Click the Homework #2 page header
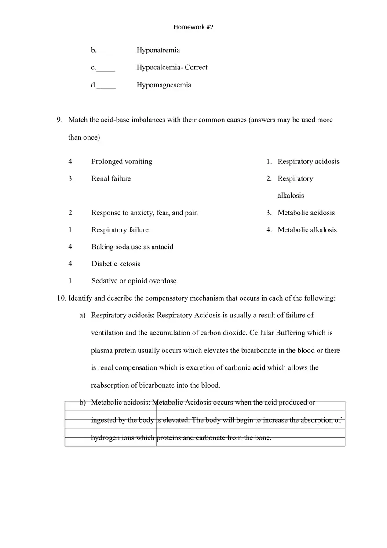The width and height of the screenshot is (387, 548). (x=193, y=27)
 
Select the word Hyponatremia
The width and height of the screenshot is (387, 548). (x=158, y=50)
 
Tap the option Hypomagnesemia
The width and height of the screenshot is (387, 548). (x=164, y=85)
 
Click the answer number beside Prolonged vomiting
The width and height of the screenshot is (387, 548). (x=70, y=161)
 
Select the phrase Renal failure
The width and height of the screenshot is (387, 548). (x=111, y=178)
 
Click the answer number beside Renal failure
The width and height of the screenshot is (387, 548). (x=70, y=178)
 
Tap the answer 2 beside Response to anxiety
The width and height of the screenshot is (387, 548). (x=70, y=213)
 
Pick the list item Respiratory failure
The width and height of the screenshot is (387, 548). (x=120, y=230)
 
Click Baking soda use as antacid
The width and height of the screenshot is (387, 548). (x=132, y=247)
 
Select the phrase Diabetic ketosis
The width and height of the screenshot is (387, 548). (x=116, y=264)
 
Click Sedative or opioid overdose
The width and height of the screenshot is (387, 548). (x=134, y=281)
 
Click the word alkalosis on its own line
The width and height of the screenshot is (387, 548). (x=291, y=196)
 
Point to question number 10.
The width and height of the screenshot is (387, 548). (x=61, y=298)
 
